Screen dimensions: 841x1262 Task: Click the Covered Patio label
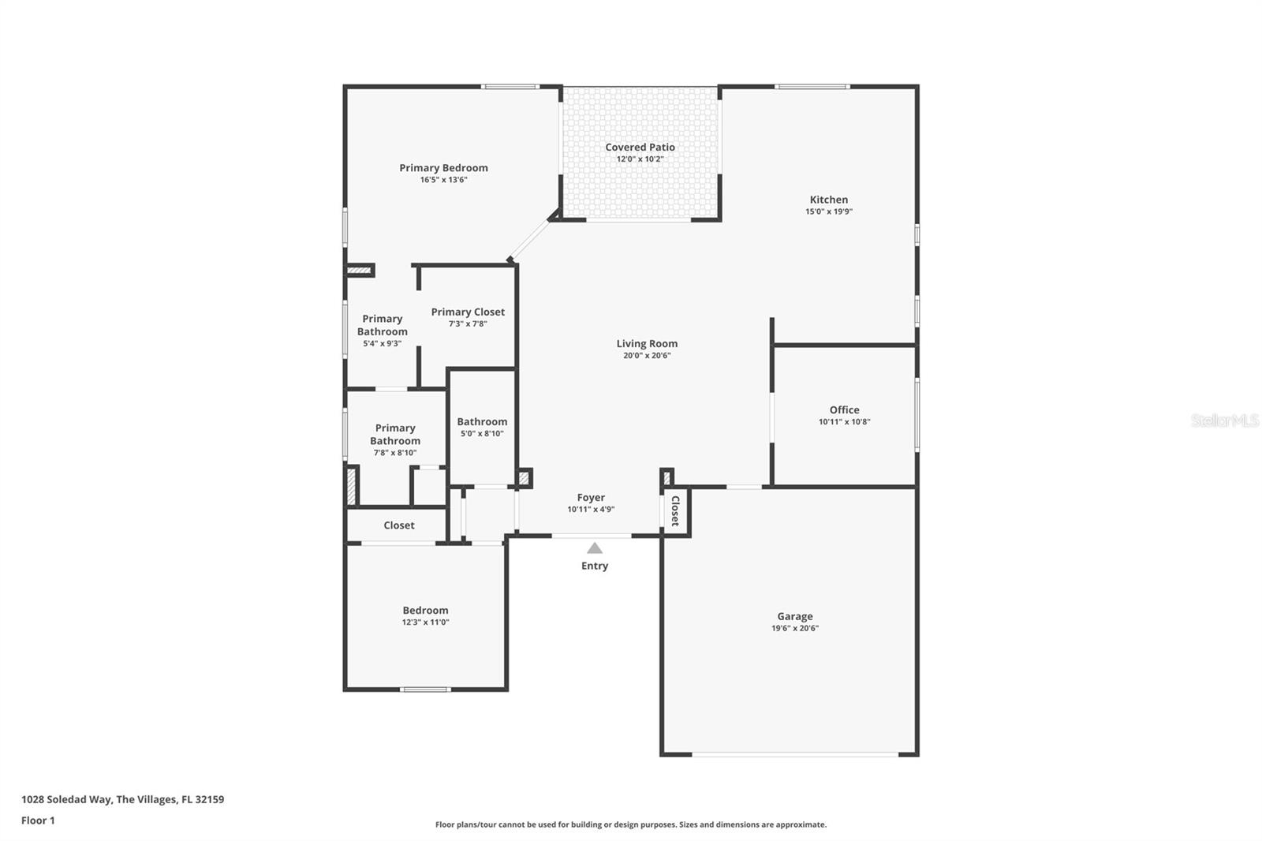pyautogui.click(x=640, y=148)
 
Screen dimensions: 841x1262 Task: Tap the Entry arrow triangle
pyautogui.click(x=595, y=548)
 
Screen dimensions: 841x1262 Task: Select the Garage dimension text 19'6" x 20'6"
pyautogui.click(x=795, y=629)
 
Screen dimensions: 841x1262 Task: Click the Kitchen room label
pyautogui.click(x=828, y=200)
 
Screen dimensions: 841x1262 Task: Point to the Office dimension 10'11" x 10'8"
pyautogui.click(x=844, y=422)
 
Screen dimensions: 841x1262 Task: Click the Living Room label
pyautogui.click(x=647, y=343)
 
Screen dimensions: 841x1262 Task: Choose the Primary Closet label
pyautogui.click(x=468, y=312)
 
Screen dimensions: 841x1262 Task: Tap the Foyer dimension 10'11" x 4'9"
pyautogui.click(x=591, y=510)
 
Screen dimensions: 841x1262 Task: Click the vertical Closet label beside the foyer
pyautogui.click(x=675, y=511)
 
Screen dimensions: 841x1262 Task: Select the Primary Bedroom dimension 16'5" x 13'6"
pyautogui.click(x=443, y=180)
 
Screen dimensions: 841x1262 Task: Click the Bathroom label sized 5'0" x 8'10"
pyautogui.click(x=482, y=421)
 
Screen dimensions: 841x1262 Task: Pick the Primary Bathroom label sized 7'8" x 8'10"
pyautogui.click(x=395, y=435)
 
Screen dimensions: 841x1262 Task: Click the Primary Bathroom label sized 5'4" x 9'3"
pyautogui.click(x=383, y=325)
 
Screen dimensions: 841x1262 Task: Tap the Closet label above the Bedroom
pyautogui.click(x=398, y=525)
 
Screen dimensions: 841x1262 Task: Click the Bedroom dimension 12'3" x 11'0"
pyautogui.click(x=425, y=622)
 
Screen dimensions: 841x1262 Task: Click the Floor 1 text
pyautogui.click(x=38, y=820)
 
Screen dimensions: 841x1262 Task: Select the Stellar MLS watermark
pyautogui.click(x=1224, y=420)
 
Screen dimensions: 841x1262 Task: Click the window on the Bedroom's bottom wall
pyautogui.click(x=425, y=690)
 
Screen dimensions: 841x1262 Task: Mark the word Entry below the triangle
pyautogui.click(x=595, y=566)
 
